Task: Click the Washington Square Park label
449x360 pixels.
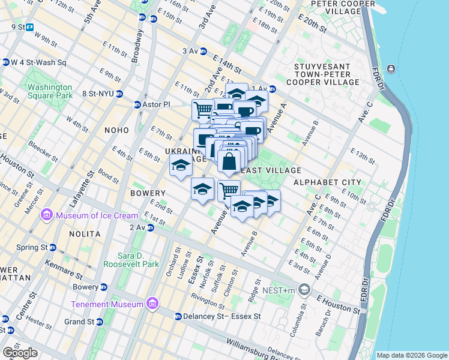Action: click(x=50, y=91)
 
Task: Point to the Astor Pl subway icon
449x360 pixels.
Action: click(x=137, y=104)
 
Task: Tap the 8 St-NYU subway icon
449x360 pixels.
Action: click(x=120, y=94)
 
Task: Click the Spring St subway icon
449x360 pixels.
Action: click(x=53, y=247)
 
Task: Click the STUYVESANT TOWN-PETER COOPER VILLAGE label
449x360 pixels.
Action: click(x=327, y=74)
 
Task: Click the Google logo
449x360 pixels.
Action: click(x=20, y=353)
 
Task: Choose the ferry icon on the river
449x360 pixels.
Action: click(x=391, y=68)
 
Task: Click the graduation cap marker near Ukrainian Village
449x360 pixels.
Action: click(x=180, y=167)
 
